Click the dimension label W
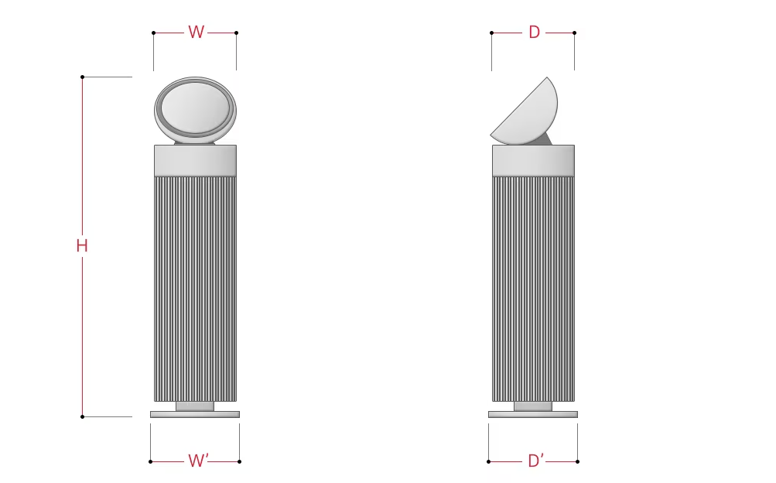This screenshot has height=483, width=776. [196, 33]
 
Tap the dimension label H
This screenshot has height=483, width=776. [82, 245]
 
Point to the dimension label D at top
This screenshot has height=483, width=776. [534, 33]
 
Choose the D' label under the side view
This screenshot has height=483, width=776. [536, 461]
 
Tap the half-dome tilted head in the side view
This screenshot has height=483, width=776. [525, 111]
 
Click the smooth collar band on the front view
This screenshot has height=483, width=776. [196, 160]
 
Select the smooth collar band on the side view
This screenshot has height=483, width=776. [534, 160]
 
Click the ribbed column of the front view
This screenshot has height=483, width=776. [196, 289]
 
